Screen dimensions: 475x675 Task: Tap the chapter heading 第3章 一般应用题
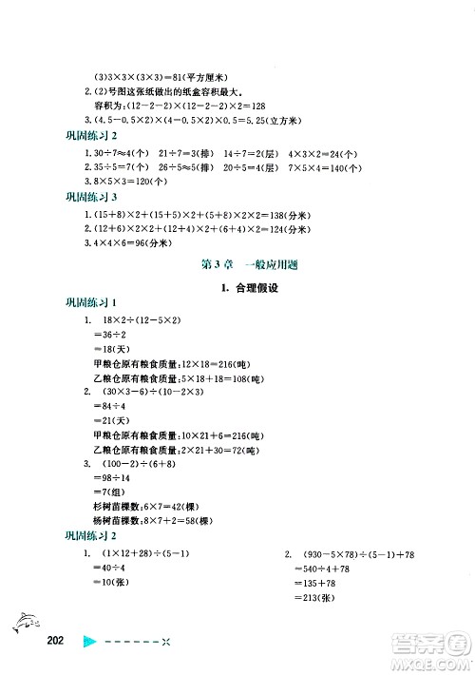237,264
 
